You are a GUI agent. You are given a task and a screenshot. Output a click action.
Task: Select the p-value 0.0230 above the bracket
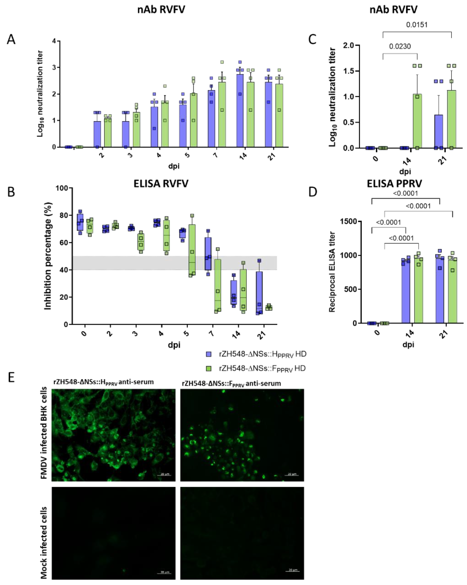click(400, 46)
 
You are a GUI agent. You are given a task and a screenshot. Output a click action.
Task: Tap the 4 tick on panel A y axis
click(54, 41)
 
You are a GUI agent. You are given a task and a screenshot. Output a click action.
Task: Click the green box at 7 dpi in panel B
click(218, 285)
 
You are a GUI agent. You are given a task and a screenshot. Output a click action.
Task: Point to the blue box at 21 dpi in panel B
click(259, 293)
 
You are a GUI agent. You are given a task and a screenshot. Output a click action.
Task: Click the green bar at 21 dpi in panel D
click(452, 291)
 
